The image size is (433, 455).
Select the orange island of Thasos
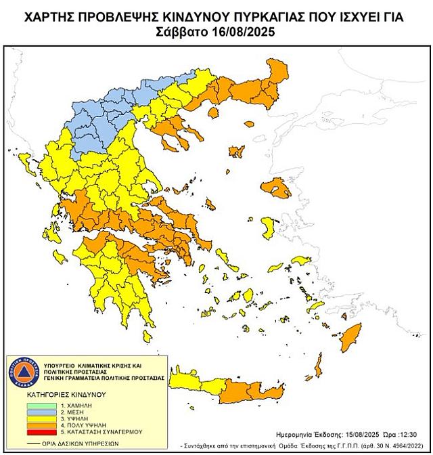(236, 152)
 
